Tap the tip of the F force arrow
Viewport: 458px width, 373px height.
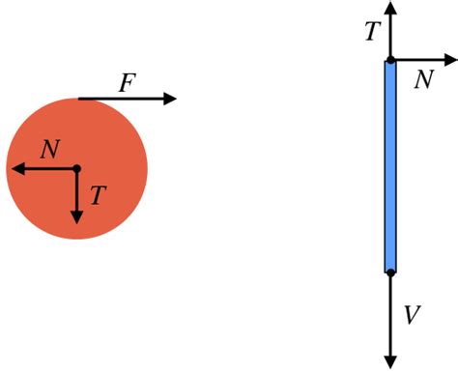[x=173, y=99]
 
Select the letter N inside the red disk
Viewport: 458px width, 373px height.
[x=51, y=150]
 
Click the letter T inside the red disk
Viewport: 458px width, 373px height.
[x=97, y=196]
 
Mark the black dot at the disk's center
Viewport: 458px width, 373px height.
[x=77, y=169]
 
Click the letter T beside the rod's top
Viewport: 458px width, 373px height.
[x=372, y=33]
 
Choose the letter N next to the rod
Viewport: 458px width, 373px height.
[x=423, y=79]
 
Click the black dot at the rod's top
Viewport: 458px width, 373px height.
[x=390, y=61]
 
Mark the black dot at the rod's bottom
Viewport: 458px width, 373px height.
[x=390, y=273]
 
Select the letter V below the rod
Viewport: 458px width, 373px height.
[x=412, y=316]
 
